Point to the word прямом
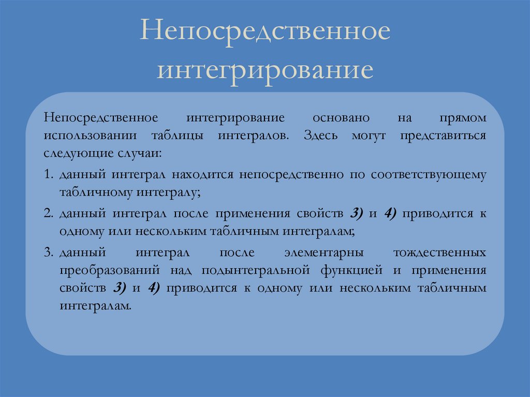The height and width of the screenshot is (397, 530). [x=463, y=118]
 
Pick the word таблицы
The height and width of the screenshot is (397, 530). [x=178, y=136]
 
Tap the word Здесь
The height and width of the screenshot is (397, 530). [x=321, y=136]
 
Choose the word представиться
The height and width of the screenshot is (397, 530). [x=443, y=136]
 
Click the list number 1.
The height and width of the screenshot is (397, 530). [x=48, y=174]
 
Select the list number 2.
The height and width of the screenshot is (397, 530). [x=48, y=213]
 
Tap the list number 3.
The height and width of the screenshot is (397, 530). [x=48, y=253]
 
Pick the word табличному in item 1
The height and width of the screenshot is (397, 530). [x=96, y=193]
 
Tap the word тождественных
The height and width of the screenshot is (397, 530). [x=440, y=253]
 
